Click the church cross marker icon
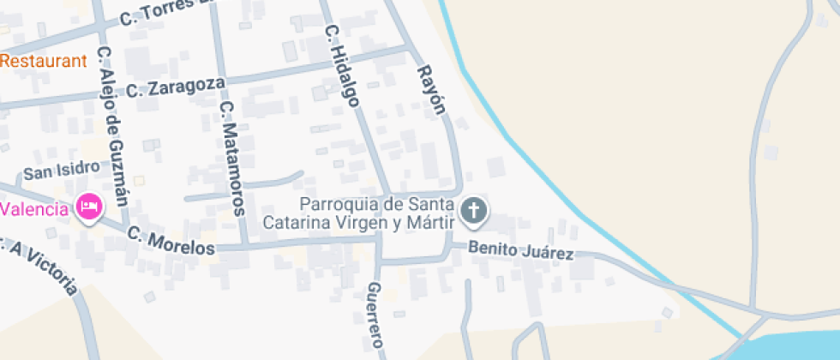click(473, 210)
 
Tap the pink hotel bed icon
click(89, 207)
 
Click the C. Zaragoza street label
click(176, 87)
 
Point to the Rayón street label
click(432, 89)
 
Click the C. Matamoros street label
click(233, 159)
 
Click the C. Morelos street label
click(171, 240)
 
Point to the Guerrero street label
click(375, 315)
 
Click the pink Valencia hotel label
click(34, 209)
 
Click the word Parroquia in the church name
click(339, 204)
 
